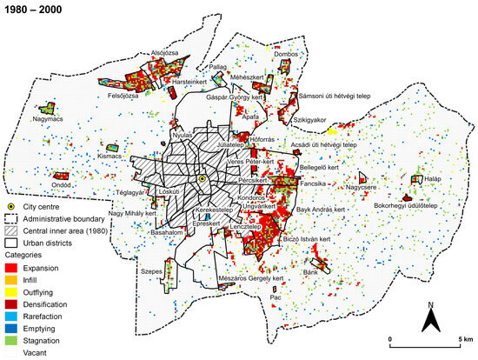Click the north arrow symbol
428,320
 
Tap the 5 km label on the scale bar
463,337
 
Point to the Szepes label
153,271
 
